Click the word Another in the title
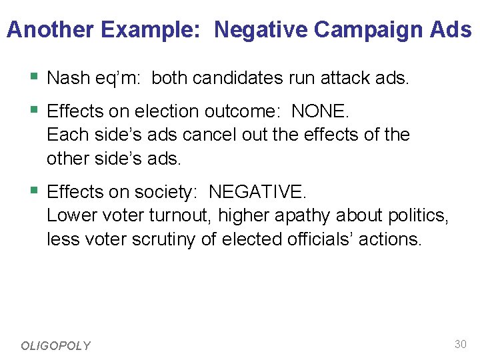[x=49, y=30]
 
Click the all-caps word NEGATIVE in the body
[x=257, y=192]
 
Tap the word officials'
[x=309, y=239]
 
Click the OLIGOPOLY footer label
[x=55, y=345]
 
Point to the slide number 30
[x=460, y=344]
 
